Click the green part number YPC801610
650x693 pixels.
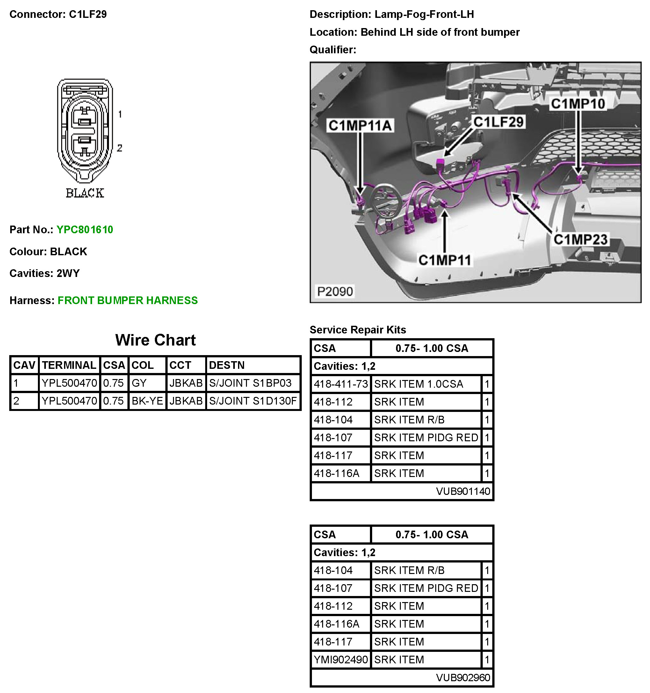[x=85, y=230]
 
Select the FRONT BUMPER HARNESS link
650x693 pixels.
[x=127, y=301]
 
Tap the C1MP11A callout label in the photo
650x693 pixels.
[x=360, y=125]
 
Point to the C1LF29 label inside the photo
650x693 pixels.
[x=498, y=122]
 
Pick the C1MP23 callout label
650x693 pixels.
[x=580, y=240]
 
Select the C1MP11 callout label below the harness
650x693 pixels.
[x=444, y=260]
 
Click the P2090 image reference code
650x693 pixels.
[x=335, y=291]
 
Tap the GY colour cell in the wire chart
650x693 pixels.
[x=139, y=383]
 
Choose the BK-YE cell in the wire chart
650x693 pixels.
[x=147, y=401]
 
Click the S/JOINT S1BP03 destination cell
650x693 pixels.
[x=250, y=383]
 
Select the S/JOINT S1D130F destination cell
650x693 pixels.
[x=253, y=401]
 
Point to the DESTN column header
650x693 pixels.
[x=227, y=365]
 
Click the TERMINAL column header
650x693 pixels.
[x=69, y=365]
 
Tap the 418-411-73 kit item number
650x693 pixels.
[x=341, y=384]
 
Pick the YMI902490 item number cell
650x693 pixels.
[x=341, y=659]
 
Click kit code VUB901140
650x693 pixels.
[x=463, y=491]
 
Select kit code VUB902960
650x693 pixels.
[x=463, y=677]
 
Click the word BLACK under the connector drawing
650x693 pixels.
[x=85, y=193]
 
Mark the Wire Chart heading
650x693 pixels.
[x=155, y=340]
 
